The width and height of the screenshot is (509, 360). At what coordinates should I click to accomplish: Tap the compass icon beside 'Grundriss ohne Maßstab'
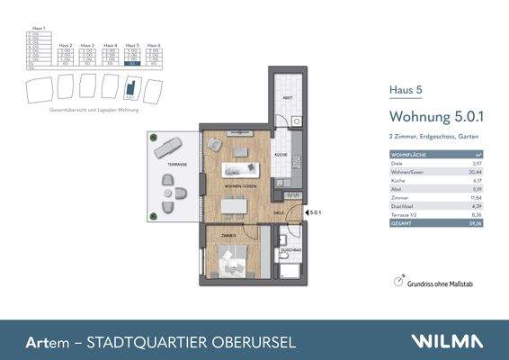[397, 282]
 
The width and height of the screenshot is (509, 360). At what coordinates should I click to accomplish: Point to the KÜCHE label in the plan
[281, 155]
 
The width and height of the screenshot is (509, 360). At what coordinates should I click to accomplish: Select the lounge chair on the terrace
[168, 146]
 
